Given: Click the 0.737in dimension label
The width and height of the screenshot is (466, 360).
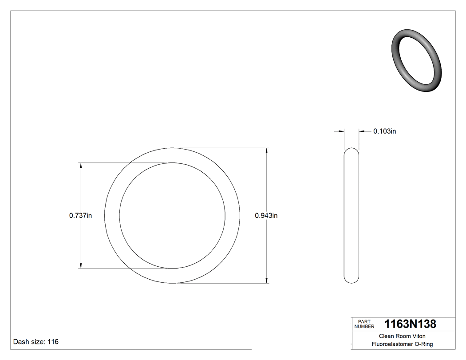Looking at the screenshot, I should point(80,216).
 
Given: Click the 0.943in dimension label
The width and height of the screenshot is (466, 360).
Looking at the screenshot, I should point(266,216).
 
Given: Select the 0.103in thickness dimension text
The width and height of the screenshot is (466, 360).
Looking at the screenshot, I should point(384,131).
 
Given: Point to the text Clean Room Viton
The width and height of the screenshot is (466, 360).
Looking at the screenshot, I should point(402,336).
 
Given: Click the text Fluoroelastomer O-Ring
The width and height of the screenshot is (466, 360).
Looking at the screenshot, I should point(402,344).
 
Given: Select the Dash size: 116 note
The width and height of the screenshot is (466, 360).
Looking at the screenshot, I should point(36,342).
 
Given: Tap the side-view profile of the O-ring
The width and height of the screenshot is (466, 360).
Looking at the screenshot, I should point(351,216).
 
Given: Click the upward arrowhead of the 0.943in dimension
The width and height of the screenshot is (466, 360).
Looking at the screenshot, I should point(266,151).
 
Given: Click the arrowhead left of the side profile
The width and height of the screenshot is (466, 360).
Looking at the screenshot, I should point(341,131).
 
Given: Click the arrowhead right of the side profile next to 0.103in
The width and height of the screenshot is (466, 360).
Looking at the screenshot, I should point(362,131).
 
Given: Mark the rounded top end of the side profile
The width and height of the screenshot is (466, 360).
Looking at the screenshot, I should point(351,150).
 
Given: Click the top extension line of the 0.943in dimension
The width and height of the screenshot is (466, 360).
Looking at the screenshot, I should point(222,148).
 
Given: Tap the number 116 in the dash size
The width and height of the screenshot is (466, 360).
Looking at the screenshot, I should point(53,342).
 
